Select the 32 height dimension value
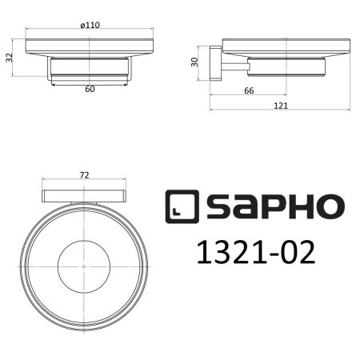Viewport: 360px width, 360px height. pyautogui.click(x=9, y=58)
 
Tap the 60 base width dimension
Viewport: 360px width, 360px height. pyautogui.click(x=89, y=89)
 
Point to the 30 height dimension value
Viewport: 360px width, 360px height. pyautogui.click(x=194, y=62)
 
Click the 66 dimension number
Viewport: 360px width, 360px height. pyautogui.click(x=249, y=91)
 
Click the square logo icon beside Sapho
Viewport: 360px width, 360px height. pyautogui.click(x=182, y=207)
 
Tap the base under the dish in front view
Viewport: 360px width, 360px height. pyautogui.click(x=89, y=68)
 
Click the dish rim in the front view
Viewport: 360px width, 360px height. pyautogui.click(x=89, y=46)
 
